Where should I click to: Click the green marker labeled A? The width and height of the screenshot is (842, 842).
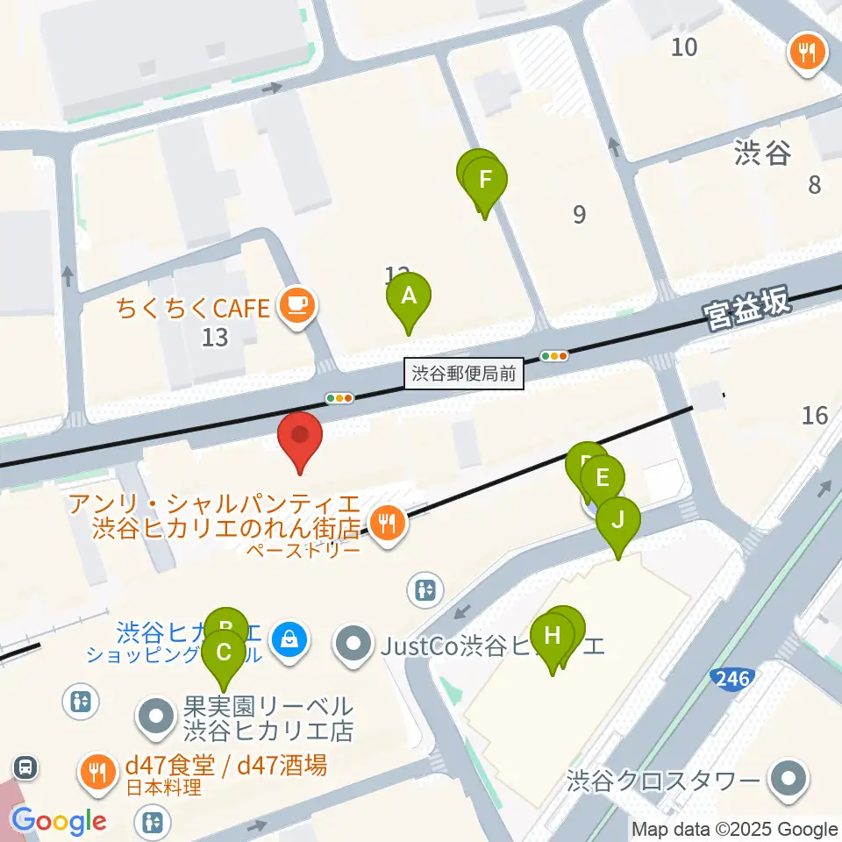point(409,296)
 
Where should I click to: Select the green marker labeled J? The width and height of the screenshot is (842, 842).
point(618,521)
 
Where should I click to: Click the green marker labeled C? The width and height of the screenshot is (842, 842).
point(224,653)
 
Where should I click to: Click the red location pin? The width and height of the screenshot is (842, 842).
point(300,435)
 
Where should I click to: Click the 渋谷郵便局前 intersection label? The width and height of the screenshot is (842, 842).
point(465,375)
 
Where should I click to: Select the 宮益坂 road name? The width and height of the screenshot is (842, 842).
point(746,308)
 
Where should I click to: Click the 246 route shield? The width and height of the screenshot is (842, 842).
point(732,676)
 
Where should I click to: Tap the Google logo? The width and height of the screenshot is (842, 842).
point(60,821)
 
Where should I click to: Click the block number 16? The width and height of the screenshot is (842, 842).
point(815,415)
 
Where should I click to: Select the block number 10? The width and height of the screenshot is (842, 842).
point(684,46)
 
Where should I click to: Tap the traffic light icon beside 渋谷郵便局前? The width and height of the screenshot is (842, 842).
point(554,355)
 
